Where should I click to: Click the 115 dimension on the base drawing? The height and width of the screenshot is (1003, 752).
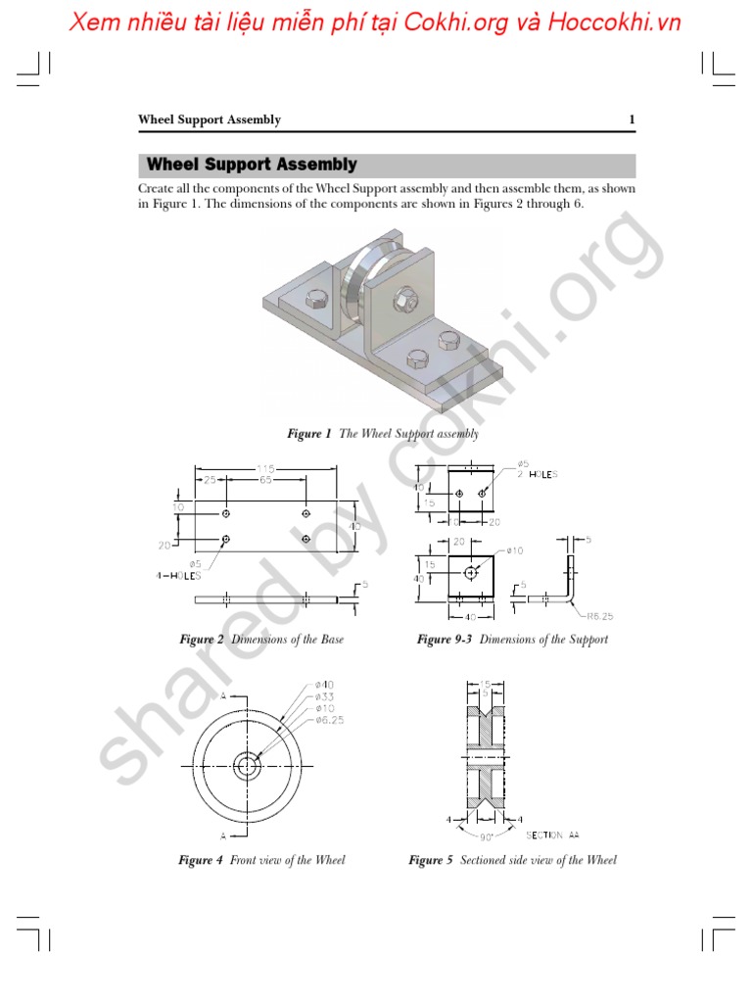pyautogui.click(x=265, y=469)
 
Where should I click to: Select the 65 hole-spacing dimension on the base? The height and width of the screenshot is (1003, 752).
pyautogui.click(x=265, y=481)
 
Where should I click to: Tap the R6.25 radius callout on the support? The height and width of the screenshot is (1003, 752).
pyautogui.click(x=599, y=616)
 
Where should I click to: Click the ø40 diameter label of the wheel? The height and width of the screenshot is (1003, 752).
pyautogui.click(x=325, y=685)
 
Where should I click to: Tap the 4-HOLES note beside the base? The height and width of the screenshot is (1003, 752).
pyautogui.click(x=177, y=576)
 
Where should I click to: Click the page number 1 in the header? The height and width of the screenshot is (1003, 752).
pyautogui.click(x=632, y=119)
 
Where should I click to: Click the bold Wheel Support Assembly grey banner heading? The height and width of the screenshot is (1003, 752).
pyautogui.click(x=252, y=165)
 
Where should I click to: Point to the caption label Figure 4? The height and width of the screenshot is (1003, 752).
pyautogui.click(x=200, y=860)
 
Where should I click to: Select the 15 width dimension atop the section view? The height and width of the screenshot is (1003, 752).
pyautogui.click(x=486, y=685)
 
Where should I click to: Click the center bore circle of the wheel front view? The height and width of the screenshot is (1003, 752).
pyautogui.click(x=246, y=764)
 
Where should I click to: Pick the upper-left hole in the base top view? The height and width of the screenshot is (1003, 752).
pyautogui.click(x=226, y=513)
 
